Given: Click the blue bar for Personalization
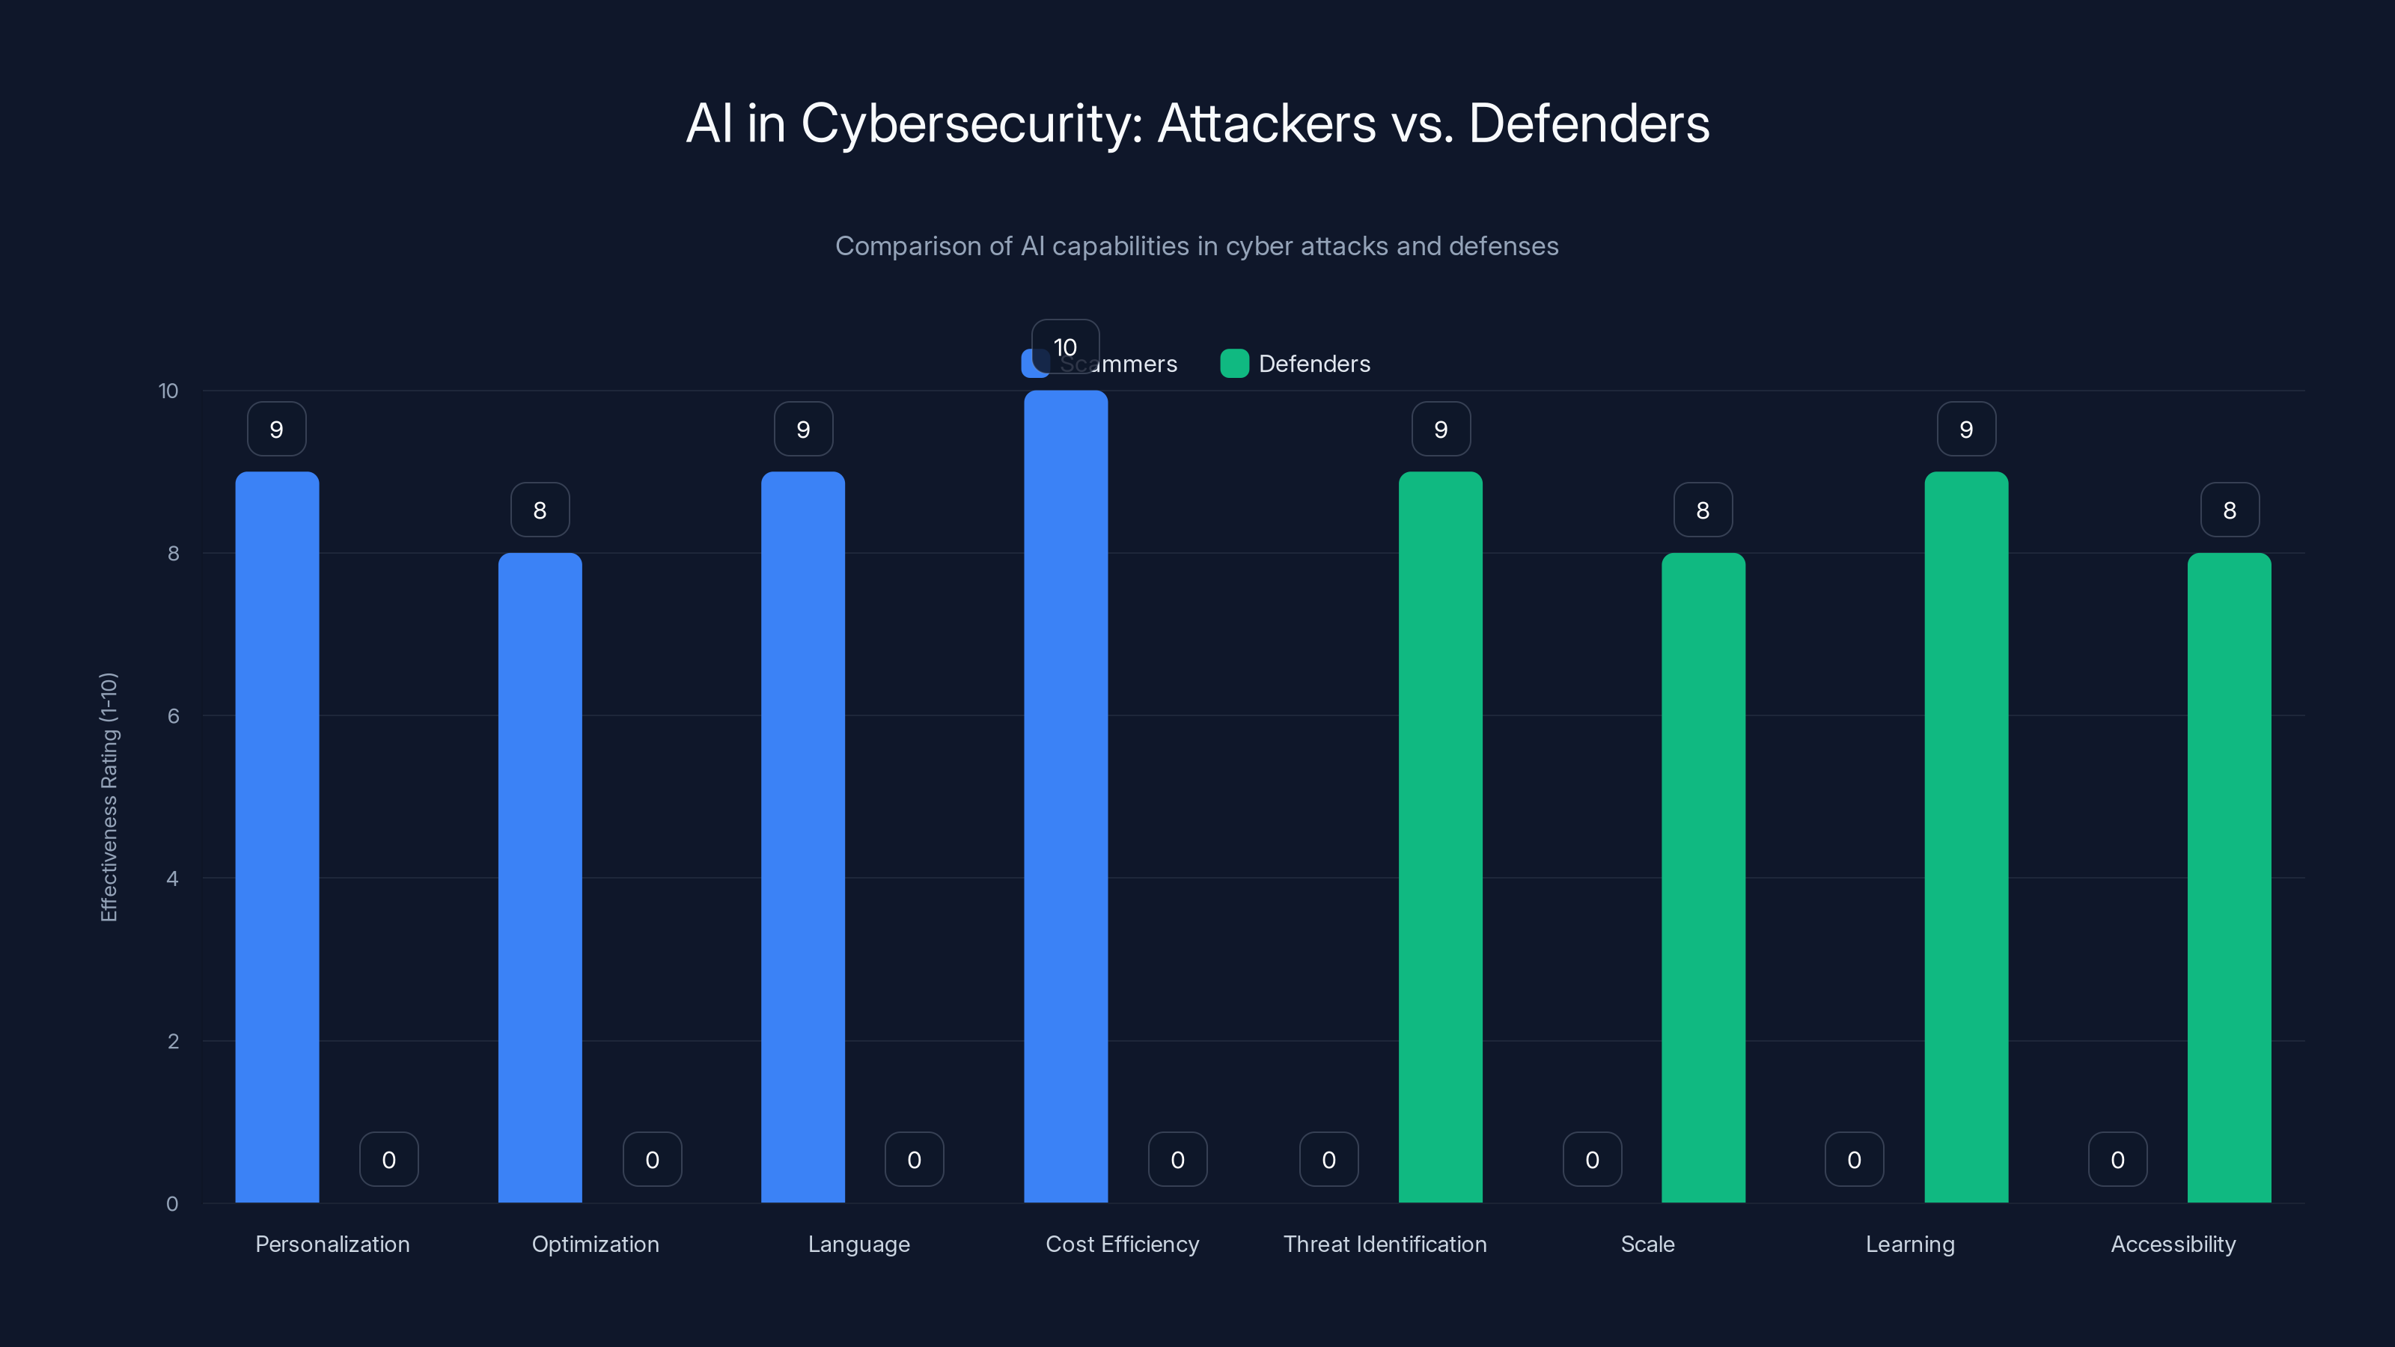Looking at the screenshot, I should coord(276,837).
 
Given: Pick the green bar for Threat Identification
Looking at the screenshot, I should coord(1440,837).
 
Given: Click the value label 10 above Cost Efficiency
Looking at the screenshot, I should coord(1066,346).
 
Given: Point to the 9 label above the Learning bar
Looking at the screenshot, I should coord(1965,429).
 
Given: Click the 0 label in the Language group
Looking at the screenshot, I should coord(914,1159).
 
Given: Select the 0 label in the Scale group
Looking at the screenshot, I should coord(1592,1159).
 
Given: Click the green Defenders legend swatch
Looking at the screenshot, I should coord(1233,364).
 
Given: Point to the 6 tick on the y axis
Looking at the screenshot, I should coord(173,716).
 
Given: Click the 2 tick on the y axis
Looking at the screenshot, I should coord(173,1041).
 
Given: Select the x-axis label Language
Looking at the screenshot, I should coord(858,1244).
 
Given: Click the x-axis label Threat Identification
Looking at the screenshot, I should coord(1385,1244).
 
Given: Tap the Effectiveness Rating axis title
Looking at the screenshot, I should coord(109,797).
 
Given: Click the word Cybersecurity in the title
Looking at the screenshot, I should coord(971,123).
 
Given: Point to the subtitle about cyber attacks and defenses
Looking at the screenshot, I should coord(1197,245).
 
